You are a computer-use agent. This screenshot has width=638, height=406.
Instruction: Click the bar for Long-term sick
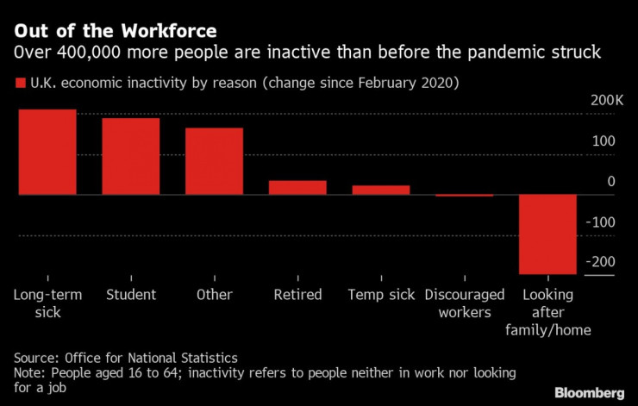tap(47, 152)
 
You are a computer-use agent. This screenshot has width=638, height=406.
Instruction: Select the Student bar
tap(131, 156)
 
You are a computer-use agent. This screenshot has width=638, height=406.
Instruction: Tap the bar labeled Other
tap(214, 161)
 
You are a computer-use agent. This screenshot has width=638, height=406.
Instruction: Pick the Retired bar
tap(297, 187)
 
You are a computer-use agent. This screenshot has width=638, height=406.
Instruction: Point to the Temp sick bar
tap(380, 190)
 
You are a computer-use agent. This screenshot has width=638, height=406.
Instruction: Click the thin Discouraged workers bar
tap(464, 196)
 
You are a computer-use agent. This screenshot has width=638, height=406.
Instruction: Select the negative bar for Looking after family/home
tap(547, 234)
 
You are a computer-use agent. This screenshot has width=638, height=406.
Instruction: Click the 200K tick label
tap(606, 102)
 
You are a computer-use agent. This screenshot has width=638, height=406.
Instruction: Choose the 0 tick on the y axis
tap(611, 182)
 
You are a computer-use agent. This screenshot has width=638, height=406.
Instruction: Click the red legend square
tap(20, 84)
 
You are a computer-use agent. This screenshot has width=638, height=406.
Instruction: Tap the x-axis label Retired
tap(297, 295)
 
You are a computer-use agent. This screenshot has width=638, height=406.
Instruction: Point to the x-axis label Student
tap(131, 295)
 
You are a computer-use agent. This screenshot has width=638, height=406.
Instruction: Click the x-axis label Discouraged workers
tap(464, 303)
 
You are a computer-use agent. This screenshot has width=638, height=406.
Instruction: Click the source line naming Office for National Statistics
tap(126, 357)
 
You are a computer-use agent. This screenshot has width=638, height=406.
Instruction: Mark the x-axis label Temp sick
tap(380, 295)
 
